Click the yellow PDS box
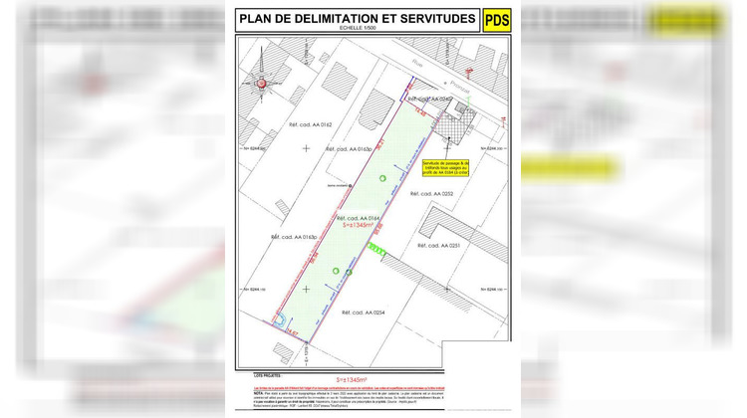pyautogui.click(x=496, y=20)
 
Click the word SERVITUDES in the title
pyautogui.click(x=426, y=18)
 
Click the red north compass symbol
pyautogui.click(x=262, y=85)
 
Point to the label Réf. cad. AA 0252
pyautogui.click(x=435, y=194)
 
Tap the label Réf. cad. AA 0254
pyautogui.click(x=362, y=313)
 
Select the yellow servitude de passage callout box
pyautogui.click(x=441, y=168)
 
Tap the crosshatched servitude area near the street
pyautogui.click(x=458, y=123)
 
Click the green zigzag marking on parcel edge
pyautogui.click(x=374, y=247)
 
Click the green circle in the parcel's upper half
pyautogui.click(x=380, y=177)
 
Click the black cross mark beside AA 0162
pyautogui.click(x=306, y=148)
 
